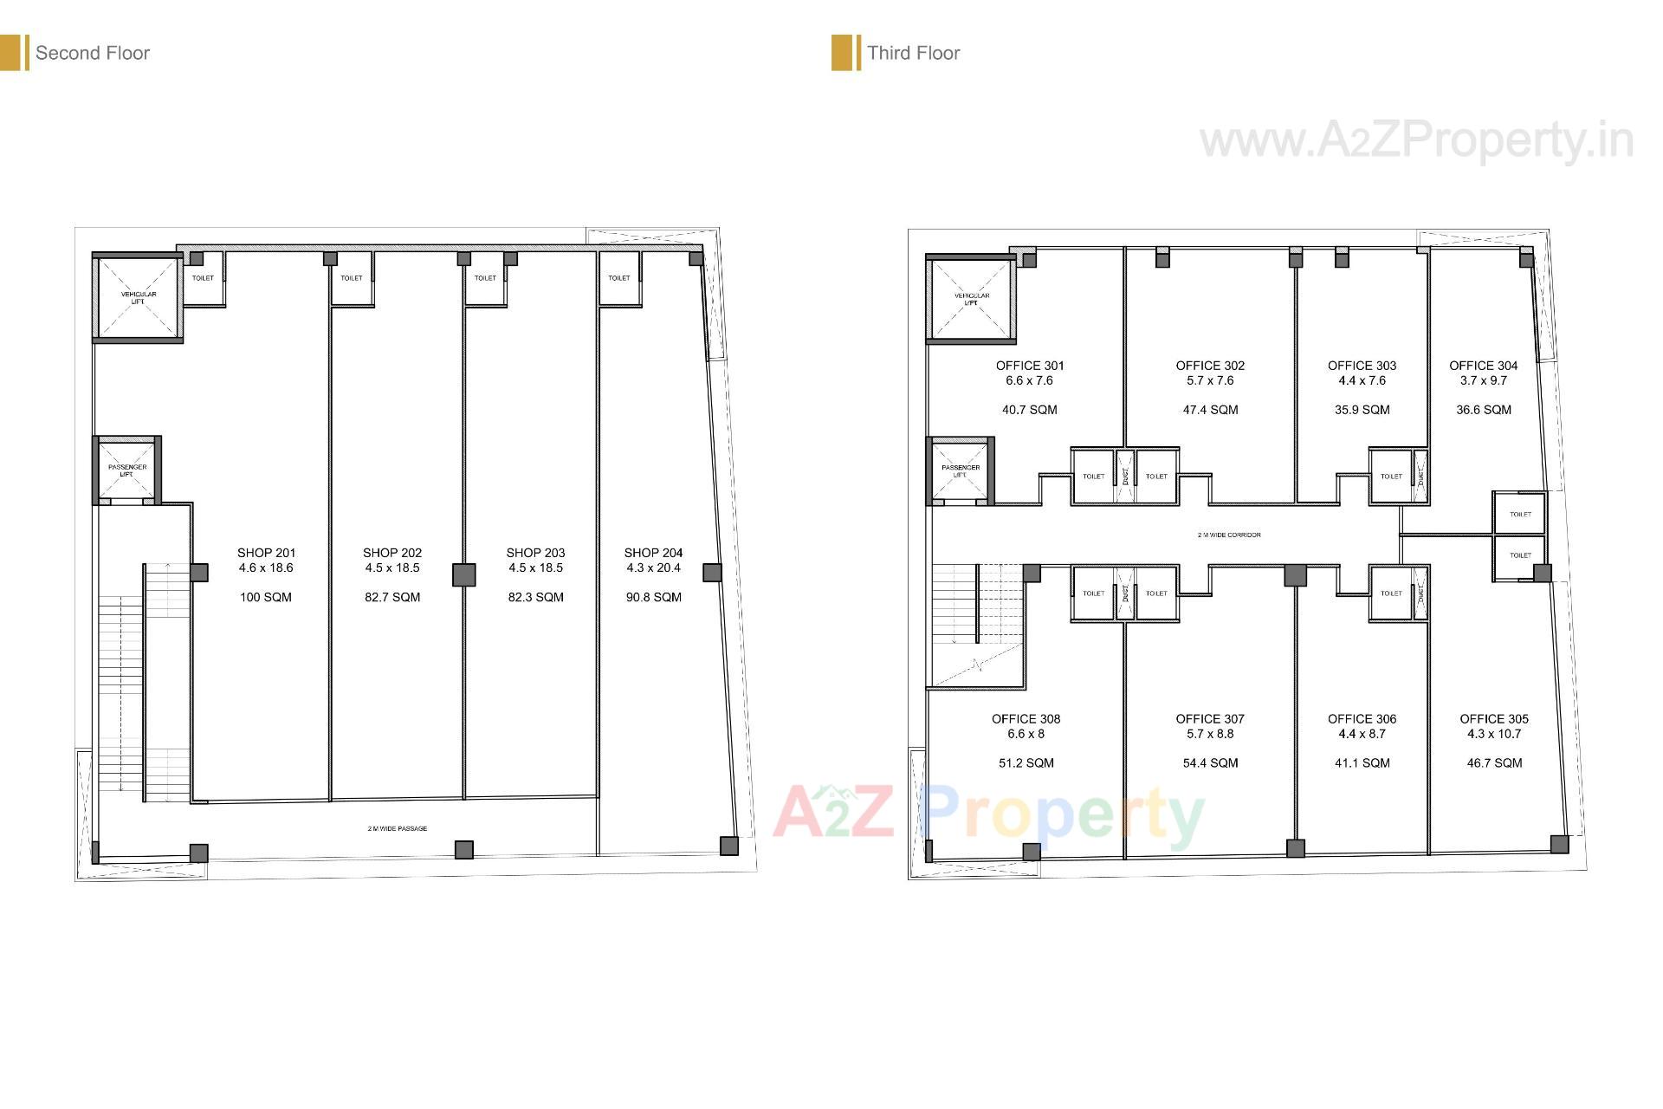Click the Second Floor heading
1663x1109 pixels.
point(92,54)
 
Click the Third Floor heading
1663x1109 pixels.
point(913,54)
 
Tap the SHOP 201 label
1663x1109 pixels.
point(266,553)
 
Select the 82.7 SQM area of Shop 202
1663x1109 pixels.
point(392,597)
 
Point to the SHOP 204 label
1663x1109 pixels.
point(653,553)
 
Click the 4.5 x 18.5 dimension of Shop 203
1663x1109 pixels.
point(535,568)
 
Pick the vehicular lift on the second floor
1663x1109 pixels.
point(139,297)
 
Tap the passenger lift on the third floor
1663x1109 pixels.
point(960,470)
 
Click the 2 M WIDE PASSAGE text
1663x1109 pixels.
point(397,829)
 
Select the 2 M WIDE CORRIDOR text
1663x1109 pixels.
point(1229,535)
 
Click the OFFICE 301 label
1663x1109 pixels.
point(1030,366)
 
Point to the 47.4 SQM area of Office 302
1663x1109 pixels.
point(1210,410)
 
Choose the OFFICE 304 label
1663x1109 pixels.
point(1483,366)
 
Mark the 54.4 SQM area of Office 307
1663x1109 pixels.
point(1210,763)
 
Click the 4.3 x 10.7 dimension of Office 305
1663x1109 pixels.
point(1493,734)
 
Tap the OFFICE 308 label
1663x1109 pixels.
point(1026,719)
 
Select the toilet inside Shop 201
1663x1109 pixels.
point(203,278)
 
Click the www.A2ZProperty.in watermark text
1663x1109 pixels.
point(1416,141)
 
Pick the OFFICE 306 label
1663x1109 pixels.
point(1362,719)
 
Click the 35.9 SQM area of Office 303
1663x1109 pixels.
point(1362,410)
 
